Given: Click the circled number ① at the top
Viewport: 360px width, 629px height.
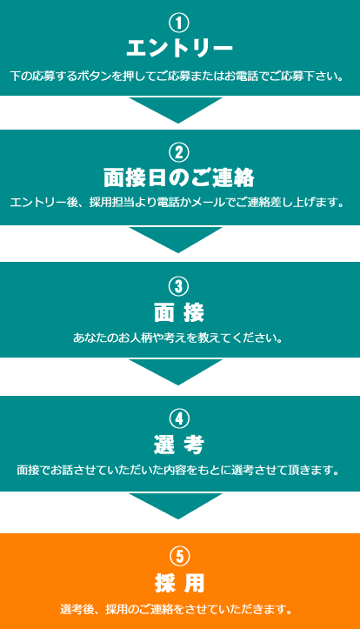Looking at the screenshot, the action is [x=179, y=23].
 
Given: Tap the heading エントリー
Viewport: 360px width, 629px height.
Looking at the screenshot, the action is [x=179, y=49].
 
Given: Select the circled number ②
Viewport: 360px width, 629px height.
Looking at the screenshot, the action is [x=179, y=153].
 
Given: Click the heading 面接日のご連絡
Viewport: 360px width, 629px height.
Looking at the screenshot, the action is [x=179, y=178].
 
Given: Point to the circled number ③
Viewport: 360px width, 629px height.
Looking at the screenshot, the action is [x=179, y=287].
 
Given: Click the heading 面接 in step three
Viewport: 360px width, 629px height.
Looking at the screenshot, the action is [x=179, y=313].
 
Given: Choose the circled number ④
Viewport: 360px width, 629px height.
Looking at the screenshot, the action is [x=179, y=419].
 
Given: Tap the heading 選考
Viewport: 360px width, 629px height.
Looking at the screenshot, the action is [x=179, y=445].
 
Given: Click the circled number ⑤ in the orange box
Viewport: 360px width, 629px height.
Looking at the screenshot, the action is [x=179, y=557].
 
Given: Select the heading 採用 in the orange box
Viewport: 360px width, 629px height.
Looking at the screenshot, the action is [x=179, y=583].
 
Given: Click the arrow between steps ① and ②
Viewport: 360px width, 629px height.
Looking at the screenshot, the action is [x=176, y=109].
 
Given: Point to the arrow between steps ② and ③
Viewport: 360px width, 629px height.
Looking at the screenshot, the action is [x=176, y=239].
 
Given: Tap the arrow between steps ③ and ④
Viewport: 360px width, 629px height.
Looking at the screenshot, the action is [x=176, y=371].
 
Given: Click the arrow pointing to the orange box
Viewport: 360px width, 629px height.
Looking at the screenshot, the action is [x=176, y=505].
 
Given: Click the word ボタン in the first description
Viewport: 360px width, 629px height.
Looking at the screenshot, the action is [x=97, y=77].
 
